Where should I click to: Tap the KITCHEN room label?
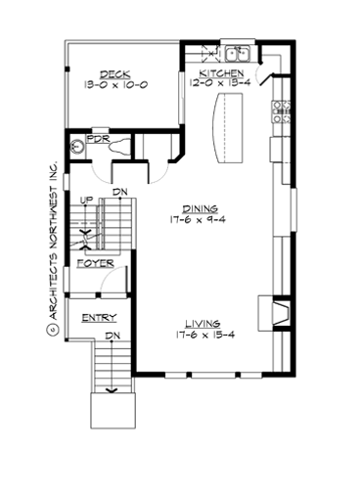point(222,73)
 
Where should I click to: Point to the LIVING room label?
point(200,323)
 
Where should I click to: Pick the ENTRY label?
point(100,318)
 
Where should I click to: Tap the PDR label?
point(97,140)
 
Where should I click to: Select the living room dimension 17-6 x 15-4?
point(200,335)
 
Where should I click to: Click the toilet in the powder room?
point(118,148)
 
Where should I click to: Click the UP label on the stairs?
point(85,201)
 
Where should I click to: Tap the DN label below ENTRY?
point(112,336)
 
